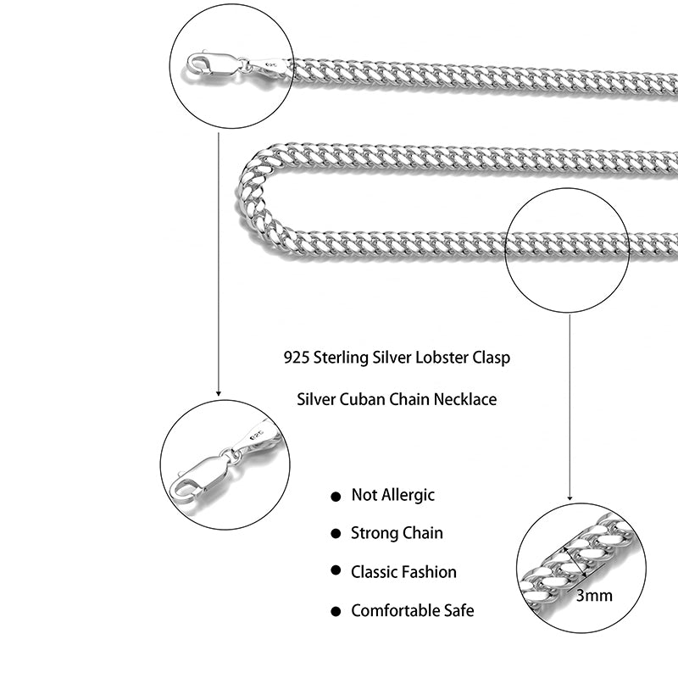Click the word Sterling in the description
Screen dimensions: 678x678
tap(341, 358)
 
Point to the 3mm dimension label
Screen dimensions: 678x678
tap(593, 595)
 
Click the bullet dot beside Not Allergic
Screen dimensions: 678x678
tap(336, 496)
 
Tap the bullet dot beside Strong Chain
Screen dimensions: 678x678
tap(336, 534)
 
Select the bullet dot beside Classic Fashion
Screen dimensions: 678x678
tap(336, 572)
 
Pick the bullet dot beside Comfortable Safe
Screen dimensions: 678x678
tap(336, 610)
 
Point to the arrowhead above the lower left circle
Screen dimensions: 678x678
tap(219, 393)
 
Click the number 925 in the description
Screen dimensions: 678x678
tap(296, 358)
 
